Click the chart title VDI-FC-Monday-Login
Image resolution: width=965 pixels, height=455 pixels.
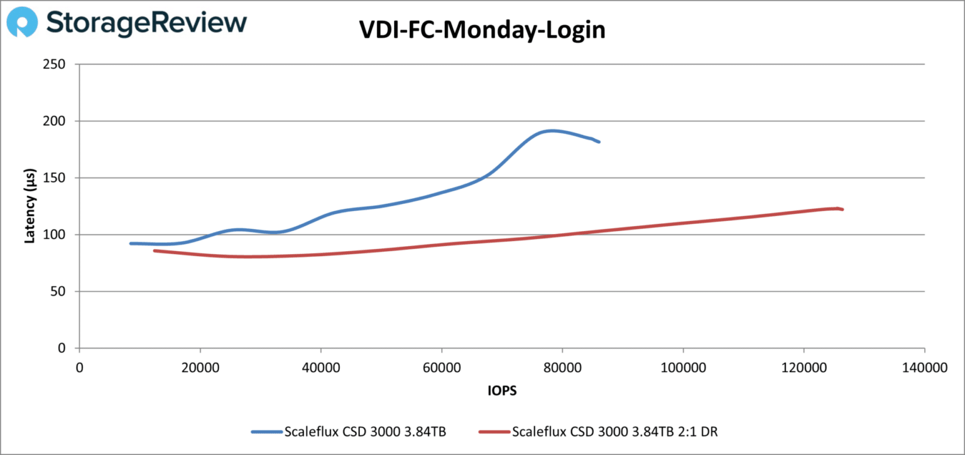click(x=482, y=29)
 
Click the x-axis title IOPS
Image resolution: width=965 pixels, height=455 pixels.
click(x=502, y=390)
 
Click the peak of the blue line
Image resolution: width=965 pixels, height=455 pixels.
click(x=552, y=131)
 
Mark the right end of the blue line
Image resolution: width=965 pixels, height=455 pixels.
click(x=599, y=142)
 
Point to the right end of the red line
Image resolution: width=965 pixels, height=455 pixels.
click(x=842, y=209)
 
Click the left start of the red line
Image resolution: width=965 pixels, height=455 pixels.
click(x=155, y=250)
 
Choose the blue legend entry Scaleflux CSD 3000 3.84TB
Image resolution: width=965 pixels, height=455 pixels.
click(x=365, y=432)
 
